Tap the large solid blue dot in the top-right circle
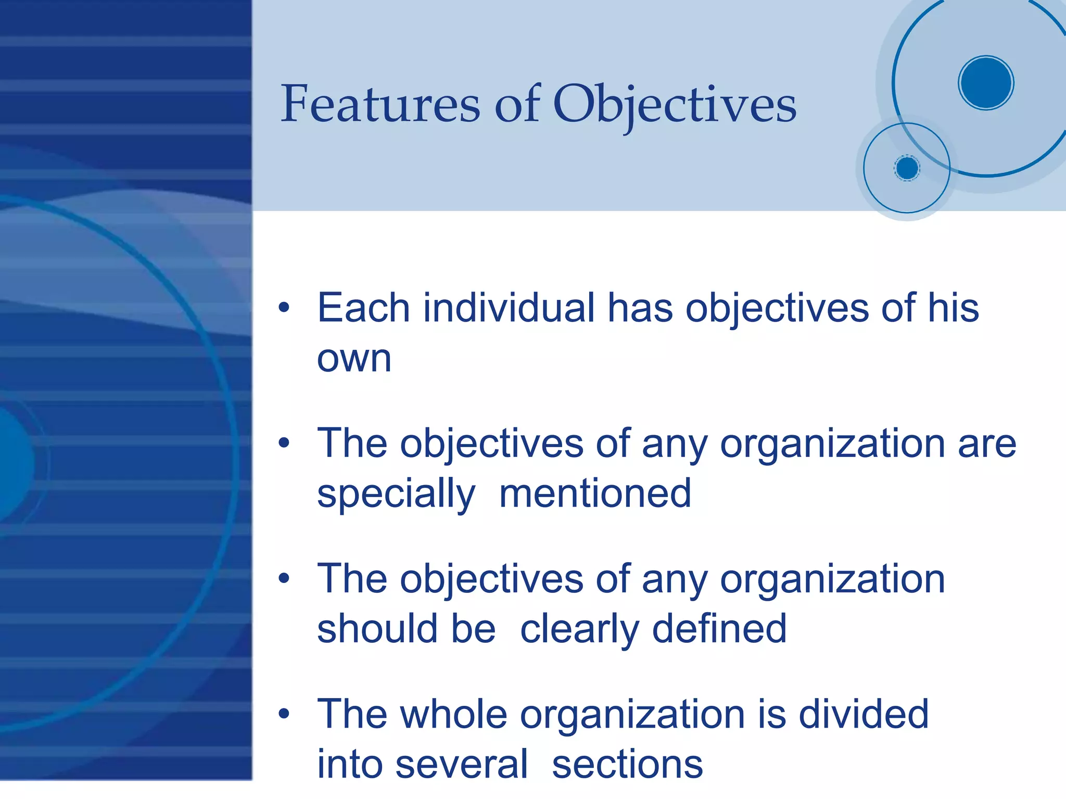[x=986, y=83]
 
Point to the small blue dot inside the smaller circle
[x=907, y=168]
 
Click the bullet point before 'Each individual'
[x=284, y=307]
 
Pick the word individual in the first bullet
[x=509, y=308]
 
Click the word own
[x=354, y=359]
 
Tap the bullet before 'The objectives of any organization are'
[x=284, y=443]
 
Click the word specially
[x=396, y=494]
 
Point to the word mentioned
[x=595, y=494]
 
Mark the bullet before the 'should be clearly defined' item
[x=284, y=578]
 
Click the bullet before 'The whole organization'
[x=284, y=713]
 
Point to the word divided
[x=864, y=714]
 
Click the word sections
[x=627, y=765]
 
